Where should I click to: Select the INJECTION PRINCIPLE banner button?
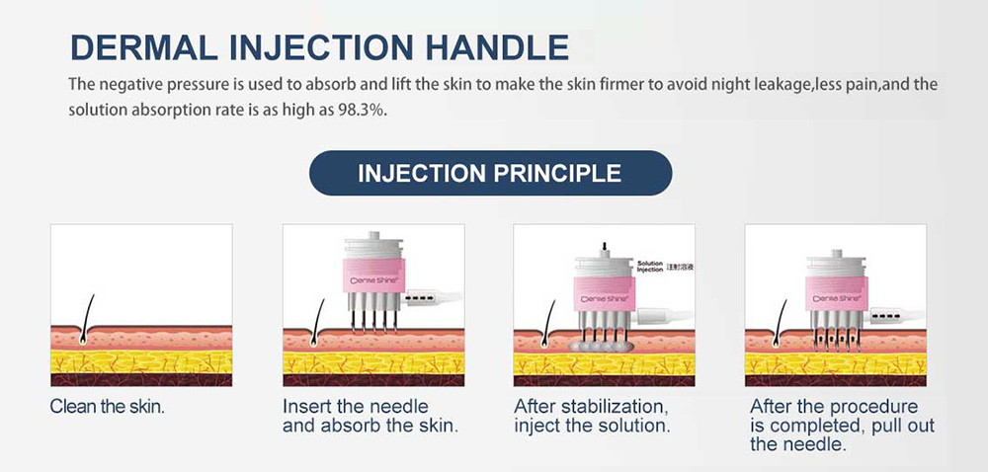(490, 174)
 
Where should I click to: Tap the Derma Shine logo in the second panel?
(373, 279)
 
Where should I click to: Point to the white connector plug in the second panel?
(424, 297)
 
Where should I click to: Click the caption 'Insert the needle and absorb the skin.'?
(370, 417)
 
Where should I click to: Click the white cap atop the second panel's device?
(373, 250)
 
